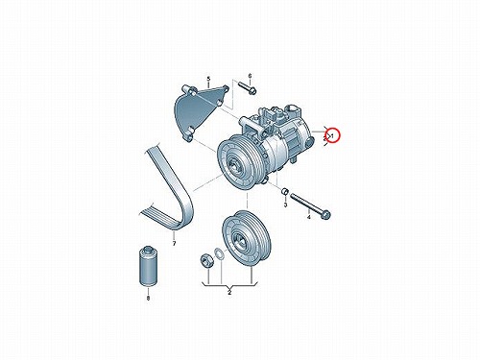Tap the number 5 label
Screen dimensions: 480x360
pos(208,79)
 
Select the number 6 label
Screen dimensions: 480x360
pos(250,76)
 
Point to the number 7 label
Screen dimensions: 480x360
pos(174,244)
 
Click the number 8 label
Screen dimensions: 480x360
pos(148,299)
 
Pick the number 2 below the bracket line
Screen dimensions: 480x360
pos(229,292)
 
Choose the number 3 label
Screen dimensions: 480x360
pos(285,204)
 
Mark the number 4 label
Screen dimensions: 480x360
pos(309,217)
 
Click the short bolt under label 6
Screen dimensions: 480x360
pos(247,87)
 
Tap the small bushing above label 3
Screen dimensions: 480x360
pos(285,191)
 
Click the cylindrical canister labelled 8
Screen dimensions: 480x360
pos(148,266)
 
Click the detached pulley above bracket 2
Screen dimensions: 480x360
pos(247,238)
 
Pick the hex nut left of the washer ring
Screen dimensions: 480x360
pos(204,259)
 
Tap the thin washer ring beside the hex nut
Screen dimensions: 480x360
pos(219,253)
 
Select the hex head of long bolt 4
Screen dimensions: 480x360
pos(325,215)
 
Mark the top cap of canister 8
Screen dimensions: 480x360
pos(148,249)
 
